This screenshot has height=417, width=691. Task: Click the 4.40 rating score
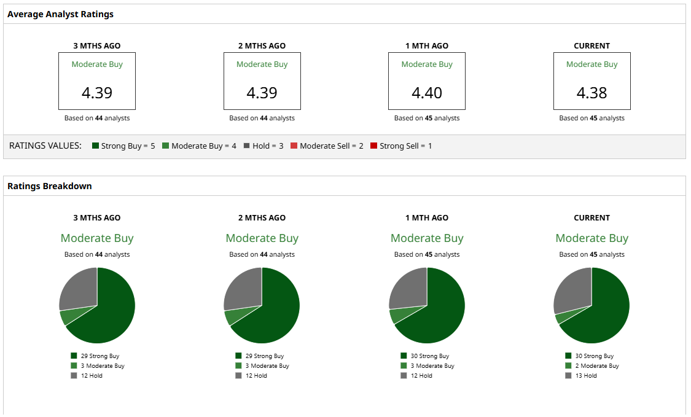tap(427, 93)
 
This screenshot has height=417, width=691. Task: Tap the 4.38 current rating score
tap(591, 93)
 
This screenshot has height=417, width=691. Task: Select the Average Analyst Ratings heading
tap(60, 14)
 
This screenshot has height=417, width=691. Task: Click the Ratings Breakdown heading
tap(50, 186)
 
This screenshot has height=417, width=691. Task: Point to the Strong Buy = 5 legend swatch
tap(96, 146)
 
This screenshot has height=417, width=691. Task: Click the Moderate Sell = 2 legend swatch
tap(294, 146)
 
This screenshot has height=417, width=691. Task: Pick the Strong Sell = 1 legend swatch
tap(374, 146)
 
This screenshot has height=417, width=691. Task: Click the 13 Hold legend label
tap(586, 376)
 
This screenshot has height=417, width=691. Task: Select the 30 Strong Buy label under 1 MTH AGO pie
tap(430, 356)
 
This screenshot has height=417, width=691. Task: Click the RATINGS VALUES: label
tap(45, 146)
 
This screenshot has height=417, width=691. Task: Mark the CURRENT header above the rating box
tap(591, 46)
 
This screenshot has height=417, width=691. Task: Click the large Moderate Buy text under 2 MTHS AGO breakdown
tap(262, 238)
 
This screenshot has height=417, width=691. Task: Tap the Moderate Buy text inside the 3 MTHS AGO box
tap(97, 64)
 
